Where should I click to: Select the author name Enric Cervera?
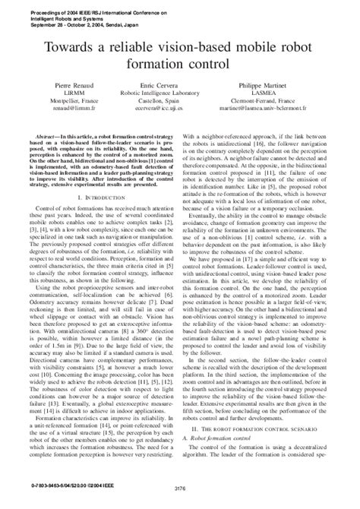click(x=179, y=110)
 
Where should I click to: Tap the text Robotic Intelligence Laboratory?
click(x=179, y=119)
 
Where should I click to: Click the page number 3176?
click(x=179, y=498)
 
